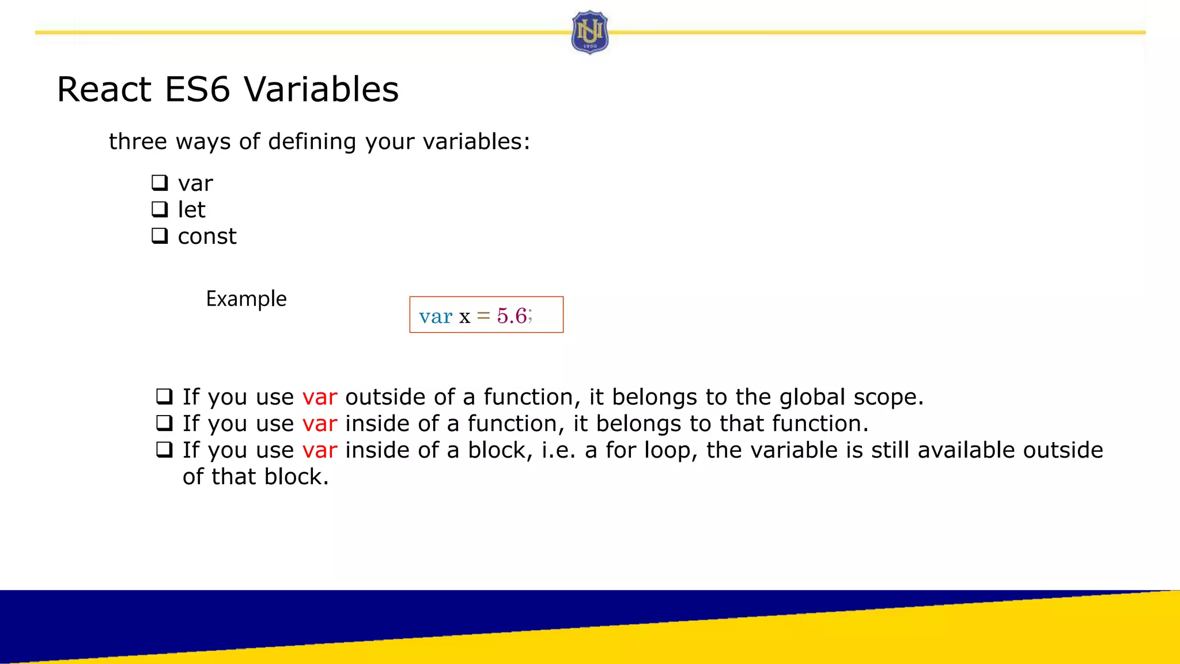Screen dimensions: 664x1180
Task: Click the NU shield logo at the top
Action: click(x=589, y=32)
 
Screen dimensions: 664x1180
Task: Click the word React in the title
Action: click(x=104, y=89)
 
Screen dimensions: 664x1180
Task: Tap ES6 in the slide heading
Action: click(x=197, y=89)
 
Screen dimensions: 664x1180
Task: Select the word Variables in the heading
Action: click(x=321, y=89)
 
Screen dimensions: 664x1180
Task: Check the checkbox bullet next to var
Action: click(x=160, y=183)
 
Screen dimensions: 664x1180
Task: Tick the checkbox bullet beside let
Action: click(x=160, y=209)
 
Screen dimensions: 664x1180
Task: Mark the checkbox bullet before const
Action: click(x=160, y=235)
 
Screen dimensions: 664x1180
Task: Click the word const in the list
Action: click(x=207, y=236)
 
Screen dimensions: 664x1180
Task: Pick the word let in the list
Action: click(x=191, y=210)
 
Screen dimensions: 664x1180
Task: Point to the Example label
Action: click(x=246, y=299)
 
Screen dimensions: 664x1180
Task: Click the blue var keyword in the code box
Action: click(x=436, y=316)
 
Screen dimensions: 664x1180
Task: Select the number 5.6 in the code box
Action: click(x=512, y=316)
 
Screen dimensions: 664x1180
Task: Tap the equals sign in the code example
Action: click(x=483, y=316)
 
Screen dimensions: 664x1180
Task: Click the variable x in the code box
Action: click(x=464, y=317)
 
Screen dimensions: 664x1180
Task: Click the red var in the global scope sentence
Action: click(x=319, y=397)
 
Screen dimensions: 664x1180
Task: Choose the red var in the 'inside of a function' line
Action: click(x=319, y=424)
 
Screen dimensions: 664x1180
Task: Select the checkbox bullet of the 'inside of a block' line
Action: click(x=164, y=450)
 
